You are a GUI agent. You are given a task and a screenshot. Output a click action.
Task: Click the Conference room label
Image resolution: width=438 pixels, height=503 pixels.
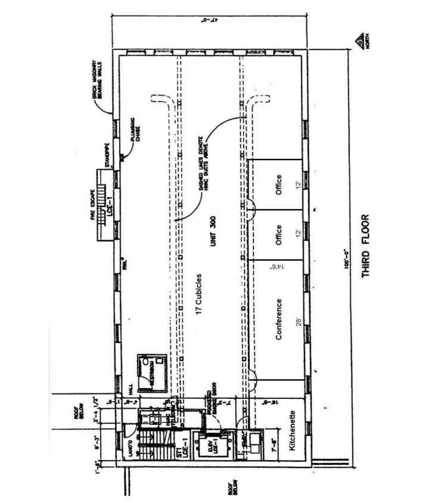pyautogui.click(x=278, y=319)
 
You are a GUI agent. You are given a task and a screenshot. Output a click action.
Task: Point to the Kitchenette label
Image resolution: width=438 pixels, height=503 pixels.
pyautogui.click(x=293, y=433)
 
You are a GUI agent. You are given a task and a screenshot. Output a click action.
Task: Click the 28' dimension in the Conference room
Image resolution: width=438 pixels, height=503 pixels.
pyautogui.click(x=296, y=321)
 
